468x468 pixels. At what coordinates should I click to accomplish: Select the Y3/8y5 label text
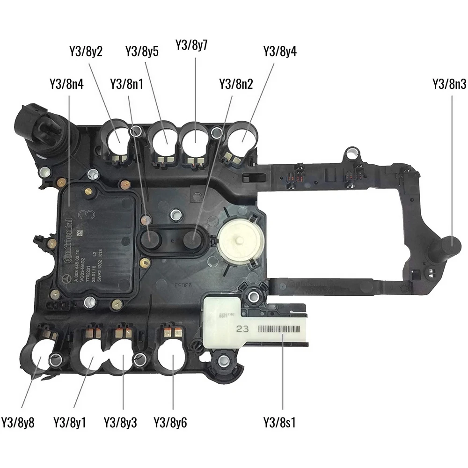click(142, 51)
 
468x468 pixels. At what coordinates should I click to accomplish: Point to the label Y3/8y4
click(280, 51)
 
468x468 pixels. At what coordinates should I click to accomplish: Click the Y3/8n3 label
click(449, 84)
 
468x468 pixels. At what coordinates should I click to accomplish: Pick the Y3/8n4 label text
click(66, 84)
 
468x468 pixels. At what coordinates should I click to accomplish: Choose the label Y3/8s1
click(280, 423)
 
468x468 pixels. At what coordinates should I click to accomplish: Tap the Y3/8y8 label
click(18, 423)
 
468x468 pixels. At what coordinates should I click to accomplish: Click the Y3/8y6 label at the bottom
click(170, 423)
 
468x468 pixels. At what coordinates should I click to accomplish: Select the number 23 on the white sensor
click(242, 329)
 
